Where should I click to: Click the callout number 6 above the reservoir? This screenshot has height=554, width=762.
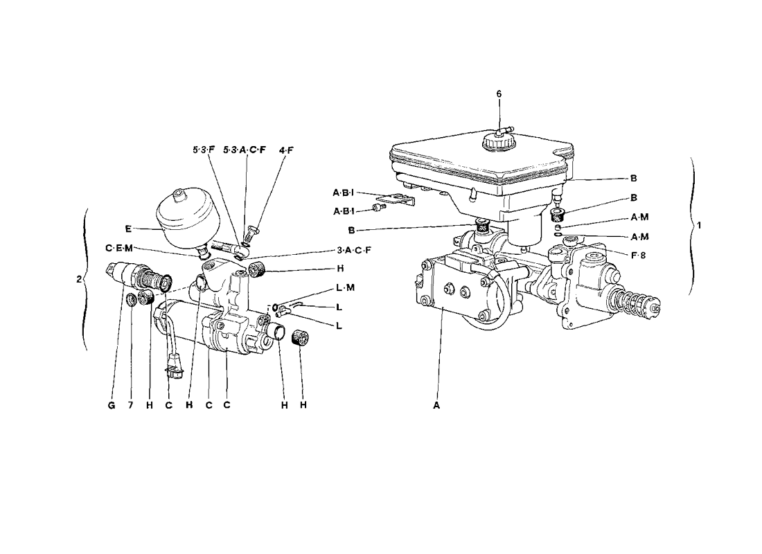(x=499, y=93)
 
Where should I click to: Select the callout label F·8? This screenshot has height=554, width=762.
(x=638, y=255)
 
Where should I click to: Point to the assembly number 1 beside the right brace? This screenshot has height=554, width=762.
(x=699, y=226)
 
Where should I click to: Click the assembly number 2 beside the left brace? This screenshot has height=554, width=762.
(x=79, y=280)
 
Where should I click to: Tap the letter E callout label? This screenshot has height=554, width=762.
(x=128, y=229)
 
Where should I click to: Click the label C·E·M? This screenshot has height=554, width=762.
(x=119, y=249)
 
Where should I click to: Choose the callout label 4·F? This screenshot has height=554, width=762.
(x=287, y=150)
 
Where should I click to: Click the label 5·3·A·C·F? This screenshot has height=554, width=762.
(x=245, y=150)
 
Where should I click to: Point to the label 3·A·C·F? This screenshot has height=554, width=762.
(x=354, y=250)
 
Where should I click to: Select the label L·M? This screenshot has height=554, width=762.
(x=346, y=287)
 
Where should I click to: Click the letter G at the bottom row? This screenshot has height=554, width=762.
(x=112, y=405)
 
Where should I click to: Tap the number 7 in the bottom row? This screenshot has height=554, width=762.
(x=131, y=405)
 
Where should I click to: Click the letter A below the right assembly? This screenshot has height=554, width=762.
(x=436, y=405)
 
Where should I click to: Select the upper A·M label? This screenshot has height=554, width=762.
(x=640, y=217)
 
